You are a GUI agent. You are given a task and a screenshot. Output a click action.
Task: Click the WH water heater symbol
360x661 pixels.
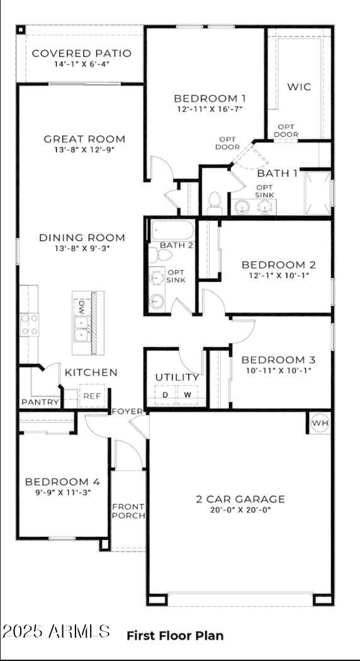320,423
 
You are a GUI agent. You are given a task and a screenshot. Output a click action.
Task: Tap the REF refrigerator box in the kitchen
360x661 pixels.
92,396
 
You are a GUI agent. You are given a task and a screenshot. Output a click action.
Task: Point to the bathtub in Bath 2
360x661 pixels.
172,230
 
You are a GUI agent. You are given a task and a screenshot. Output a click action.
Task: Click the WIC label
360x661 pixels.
299,87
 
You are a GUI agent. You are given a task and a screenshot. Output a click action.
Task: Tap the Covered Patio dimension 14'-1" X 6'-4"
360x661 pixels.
82,64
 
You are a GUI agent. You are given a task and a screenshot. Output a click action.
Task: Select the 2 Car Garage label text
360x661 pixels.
240,499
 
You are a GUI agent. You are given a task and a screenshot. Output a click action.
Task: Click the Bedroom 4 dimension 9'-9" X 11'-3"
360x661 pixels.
62,492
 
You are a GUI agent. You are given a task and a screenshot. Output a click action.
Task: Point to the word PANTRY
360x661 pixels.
40,402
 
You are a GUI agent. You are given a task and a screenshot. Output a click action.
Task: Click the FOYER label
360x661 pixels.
127,411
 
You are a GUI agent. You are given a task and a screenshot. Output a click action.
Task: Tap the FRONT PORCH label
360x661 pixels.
128,511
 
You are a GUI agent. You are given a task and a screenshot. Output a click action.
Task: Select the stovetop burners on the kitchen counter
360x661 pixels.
29,324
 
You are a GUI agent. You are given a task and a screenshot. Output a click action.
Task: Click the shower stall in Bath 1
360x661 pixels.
317,193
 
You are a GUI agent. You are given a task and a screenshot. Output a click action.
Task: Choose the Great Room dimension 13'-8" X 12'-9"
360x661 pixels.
84,150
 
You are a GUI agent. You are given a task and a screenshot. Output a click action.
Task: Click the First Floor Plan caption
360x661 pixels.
175,635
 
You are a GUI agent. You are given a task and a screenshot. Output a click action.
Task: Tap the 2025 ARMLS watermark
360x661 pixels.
57,631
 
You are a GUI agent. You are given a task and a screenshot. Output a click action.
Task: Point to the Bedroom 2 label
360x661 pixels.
278,264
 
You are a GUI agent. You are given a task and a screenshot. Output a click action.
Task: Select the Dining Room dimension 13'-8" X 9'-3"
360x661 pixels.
82,249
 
